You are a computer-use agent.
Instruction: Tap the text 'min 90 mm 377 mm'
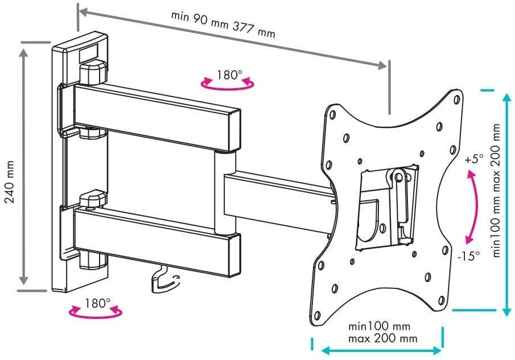223,24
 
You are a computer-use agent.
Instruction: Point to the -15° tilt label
469,255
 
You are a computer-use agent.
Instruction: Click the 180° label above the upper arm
229,75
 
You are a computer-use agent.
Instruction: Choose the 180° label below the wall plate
98,303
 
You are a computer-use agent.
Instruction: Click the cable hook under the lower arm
164,280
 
